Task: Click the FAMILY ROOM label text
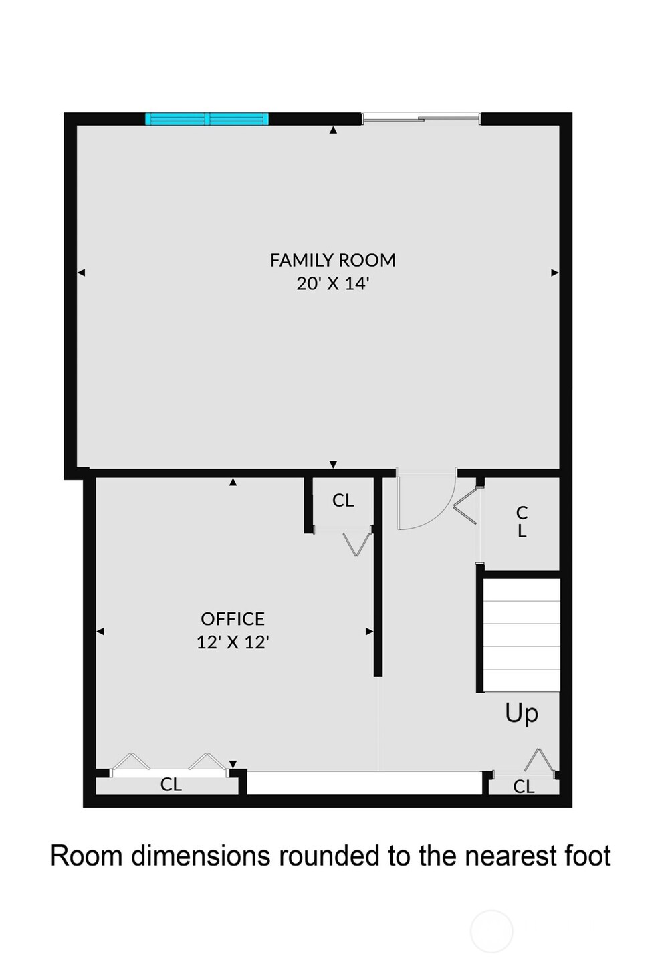coord(332,260)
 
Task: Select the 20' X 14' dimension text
coord(332,283)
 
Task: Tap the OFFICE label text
coord(233,618)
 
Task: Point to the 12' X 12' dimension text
coord(233,642)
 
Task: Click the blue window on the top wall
coord(207,119)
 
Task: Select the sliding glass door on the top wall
coord(421,119)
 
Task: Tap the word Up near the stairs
coord(522,713)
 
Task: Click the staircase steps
coord(522,635)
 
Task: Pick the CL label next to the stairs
coord(522,522)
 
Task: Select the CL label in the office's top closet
coord(343,501)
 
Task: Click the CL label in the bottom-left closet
coord(171,784)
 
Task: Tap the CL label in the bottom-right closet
coord(524,787)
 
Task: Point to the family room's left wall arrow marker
coord(82,273)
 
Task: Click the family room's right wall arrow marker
coord(554,273)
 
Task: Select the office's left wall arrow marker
coord(100,631)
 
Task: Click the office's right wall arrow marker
coord(369,631)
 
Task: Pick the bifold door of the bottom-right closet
coord(540,762)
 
